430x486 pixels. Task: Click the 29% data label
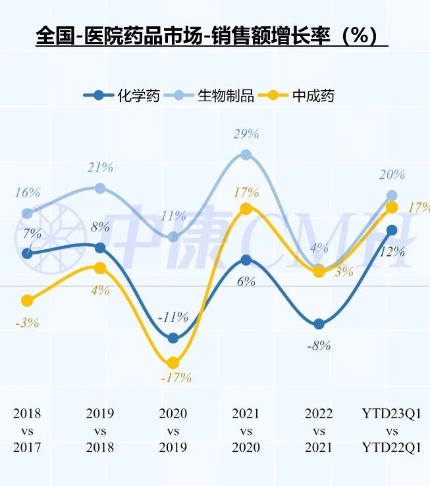coord(246,134)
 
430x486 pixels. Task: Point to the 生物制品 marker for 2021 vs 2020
coord(246,155)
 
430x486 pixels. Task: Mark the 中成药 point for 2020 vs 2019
coord(173,362)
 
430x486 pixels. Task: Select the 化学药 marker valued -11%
coord(173,338)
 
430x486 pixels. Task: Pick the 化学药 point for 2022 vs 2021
coord(319,324)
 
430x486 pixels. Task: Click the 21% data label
coord(100,168)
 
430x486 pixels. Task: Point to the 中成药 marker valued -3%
coord(27,301)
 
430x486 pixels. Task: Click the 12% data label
coord(392,251)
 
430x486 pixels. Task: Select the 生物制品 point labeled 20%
coord(392,195)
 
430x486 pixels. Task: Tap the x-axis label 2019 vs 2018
coord(100,431)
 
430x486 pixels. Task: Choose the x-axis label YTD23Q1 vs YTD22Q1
coord(392,431)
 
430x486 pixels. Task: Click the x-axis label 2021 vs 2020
coord(246,431)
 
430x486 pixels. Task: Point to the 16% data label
coord(27,193)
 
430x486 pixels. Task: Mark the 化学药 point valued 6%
coord(246,260)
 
